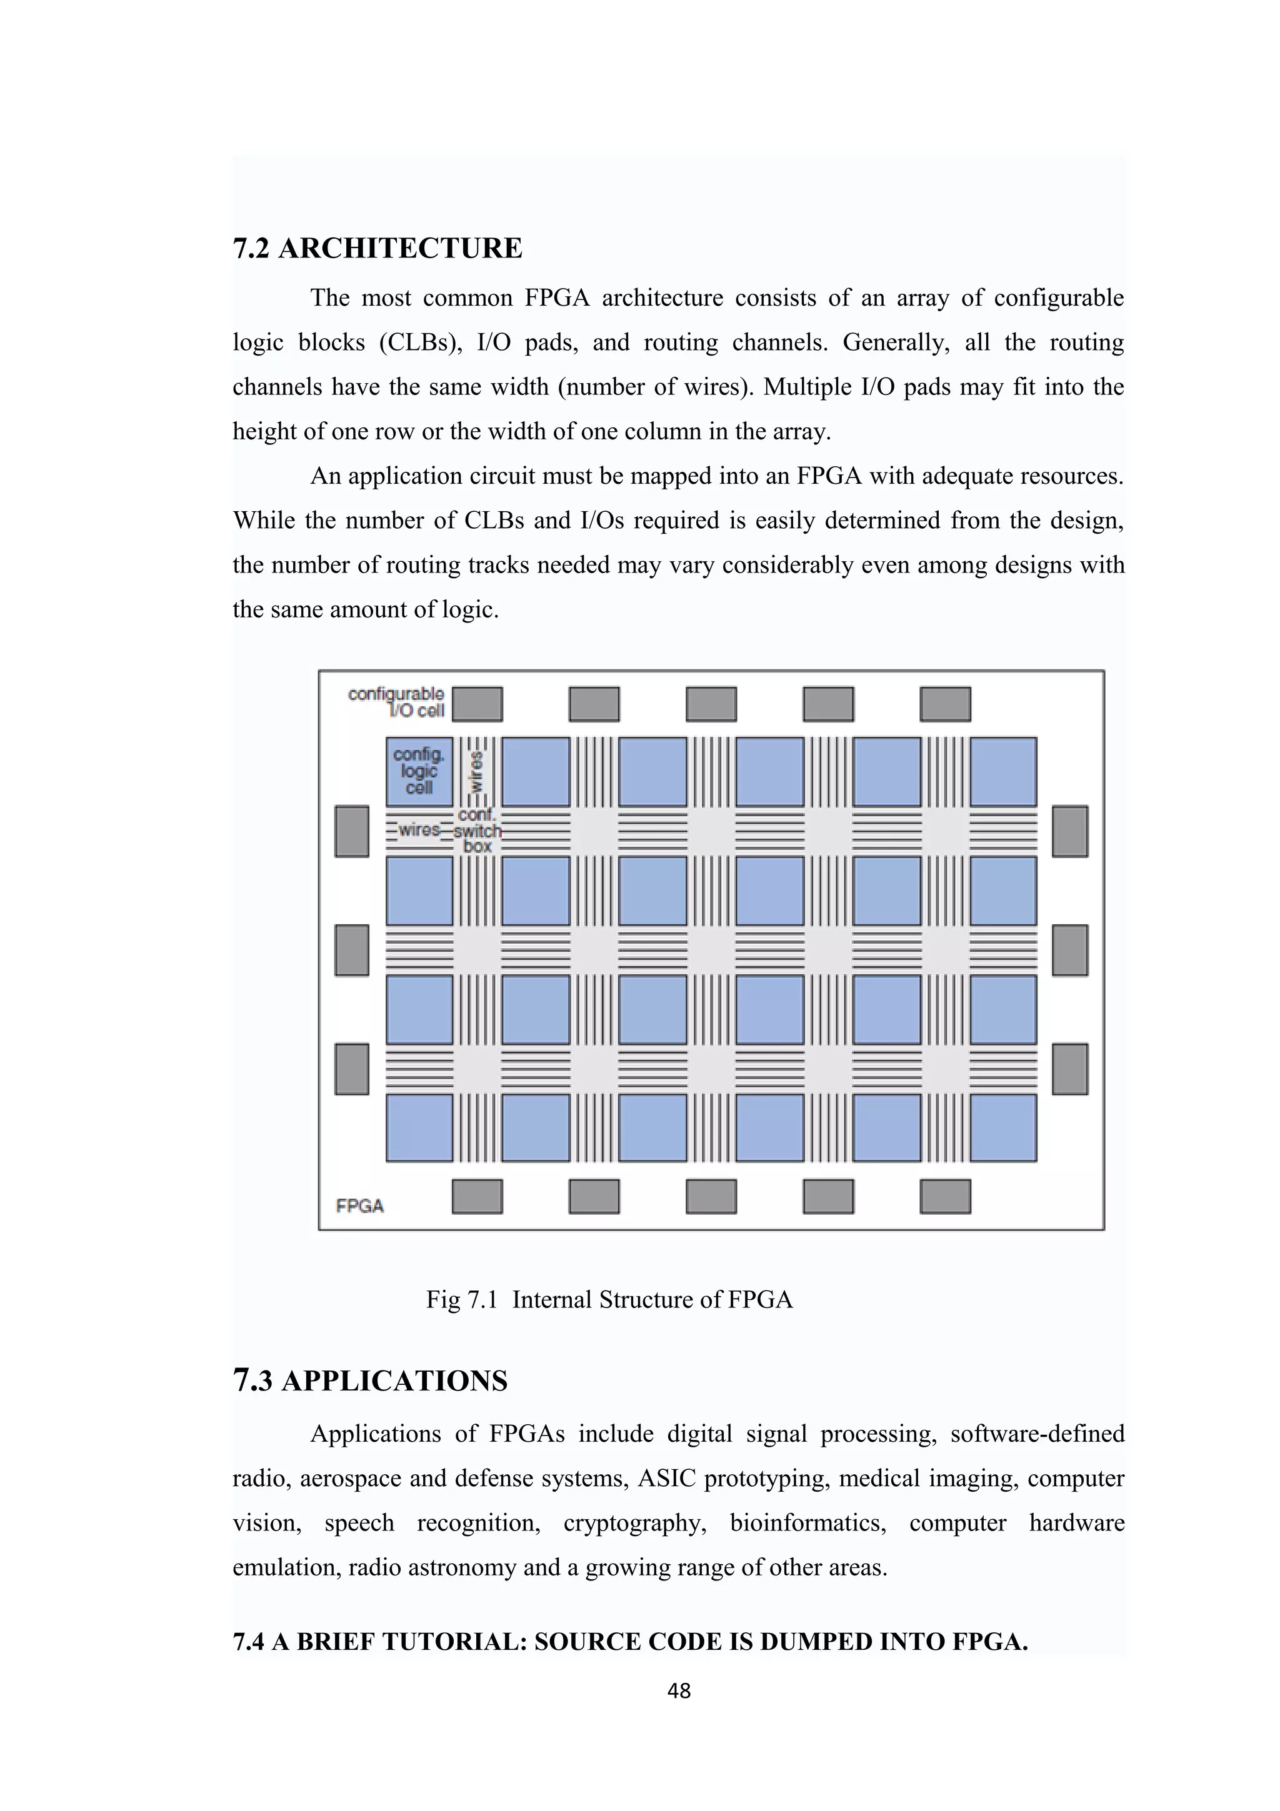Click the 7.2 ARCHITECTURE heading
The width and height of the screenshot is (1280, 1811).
[x=377, y=247]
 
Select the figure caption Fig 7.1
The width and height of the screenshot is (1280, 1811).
[x=609, y=1299]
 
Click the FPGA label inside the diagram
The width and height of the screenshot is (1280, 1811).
[x=359, y=1206]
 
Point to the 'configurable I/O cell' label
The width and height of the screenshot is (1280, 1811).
[x=397, y=702]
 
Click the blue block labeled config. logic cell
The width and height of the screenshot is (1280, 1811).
[x=419, y=771]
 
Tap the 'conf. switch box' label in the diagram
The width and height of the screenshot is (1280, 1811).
[x=477, y=831]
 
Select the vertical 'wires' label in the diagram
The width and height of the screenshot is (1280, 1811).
[x=476, y=771]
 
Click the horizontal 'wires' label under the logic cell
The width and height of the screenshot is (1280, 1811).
[x=419, y=830]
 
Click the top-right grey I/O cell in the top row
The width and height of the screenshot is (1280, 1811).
[x=945, y=704]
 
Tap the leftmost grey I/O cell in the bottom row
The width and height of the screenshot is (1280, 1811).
[x=477, y=1195]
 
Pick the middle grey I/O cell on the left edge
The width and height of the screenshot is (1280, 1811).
[x=352, y=950]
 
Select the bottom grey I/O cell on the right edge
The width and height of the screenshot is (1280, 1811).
[x=1069, y=1069]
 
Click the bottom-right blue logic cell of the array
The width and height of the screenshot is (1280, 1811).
[x=1003, y=1128]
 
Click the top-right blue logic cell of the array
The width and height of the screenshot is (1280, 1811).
[x=1003, y=771]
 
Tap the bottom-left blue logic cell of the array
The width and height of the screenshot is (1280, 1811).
[x=419, y=1128]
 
